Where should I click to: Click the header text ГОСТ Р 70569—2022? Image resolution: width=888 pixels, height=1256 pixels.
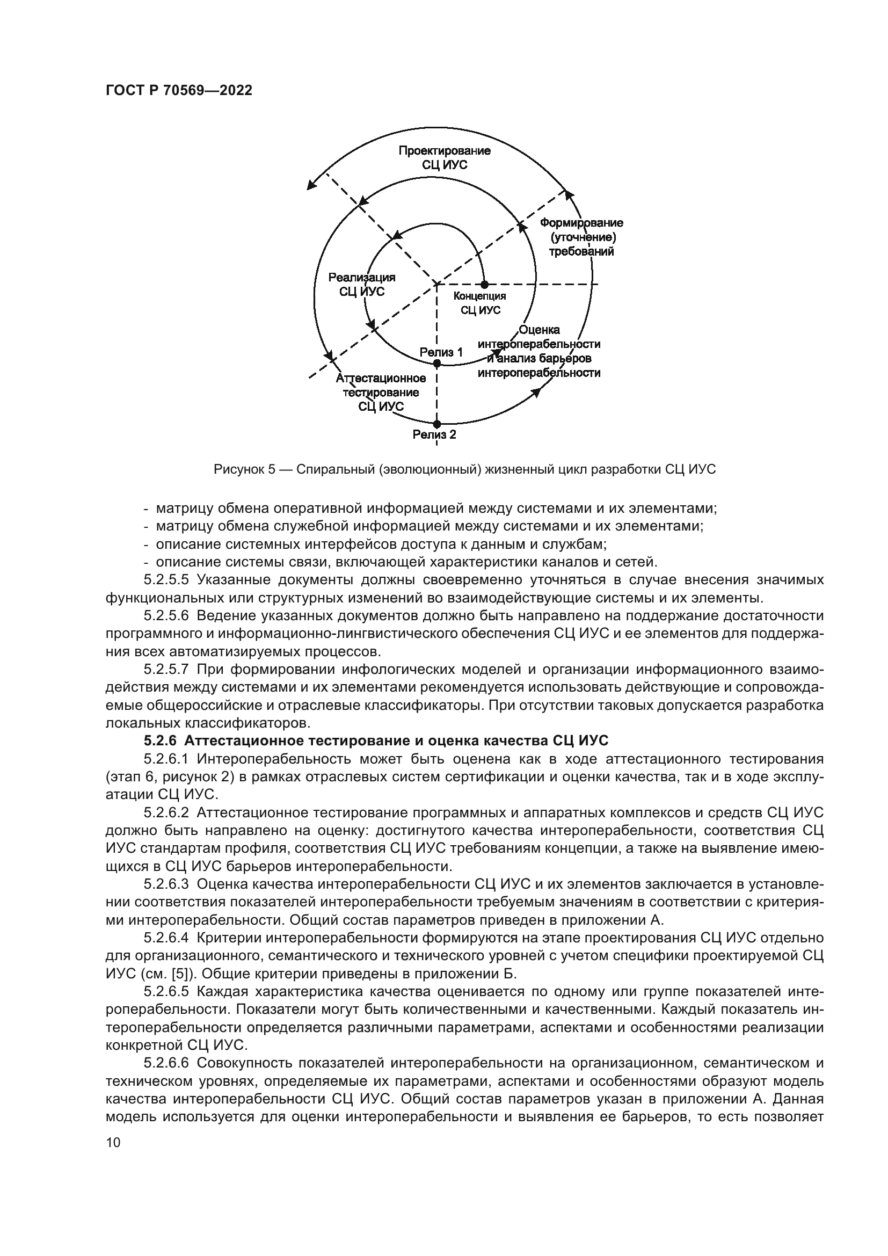coord(179,91)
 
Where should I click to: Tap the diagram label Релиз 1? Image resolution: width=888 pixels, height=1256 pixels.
coord(441,352)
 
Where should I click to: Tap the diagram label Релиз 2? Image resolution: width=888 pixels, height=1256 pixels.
coord(434,435)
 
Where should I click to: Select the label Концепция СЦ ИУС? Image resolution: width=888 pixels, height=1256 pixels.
coord(480,303)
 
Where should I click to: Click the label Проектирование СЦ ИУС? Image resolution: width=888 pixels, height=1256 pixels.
coord(444,157)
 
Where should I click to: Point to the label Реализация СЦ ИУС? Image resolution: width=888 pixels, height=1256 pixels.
coord(361,285)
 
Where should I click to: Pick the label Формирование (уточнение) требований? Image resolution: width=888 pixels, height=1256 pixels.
coord(581,237)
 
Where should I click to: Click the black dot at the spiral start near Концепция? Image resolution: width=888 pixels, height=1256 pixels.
coord(484,285)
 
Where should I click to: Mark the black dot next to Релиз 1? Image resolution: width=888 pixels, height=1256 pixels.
coord(436,363)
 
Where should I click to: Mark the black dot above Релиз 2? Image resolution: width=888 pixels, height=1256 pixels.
coord(436,424)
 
